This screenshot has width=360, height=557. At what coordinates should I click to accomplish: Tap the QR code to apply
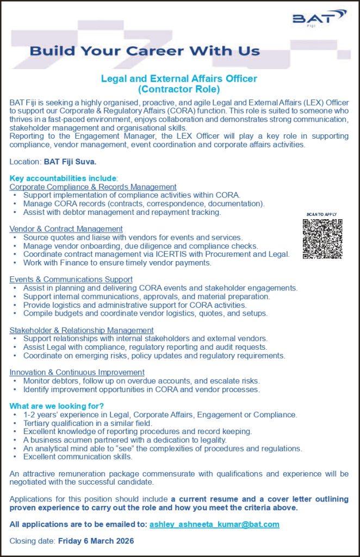coord(322,238)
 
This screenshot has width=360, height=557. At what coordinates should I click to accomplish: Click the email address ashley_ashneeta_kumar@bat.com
coord(214,524)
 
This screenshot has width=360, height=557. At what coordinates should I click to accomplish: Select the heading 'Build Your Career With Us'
coord(145,52)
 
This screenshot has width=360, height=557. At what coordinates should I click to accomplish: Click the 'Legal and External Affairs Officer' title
coord(179,78)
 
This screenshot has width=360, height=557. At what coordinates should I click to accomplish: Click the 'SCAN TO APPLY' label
coord(322,214)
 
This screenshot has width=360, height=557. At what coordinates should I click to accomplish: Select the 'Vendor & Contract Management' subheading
coord(66,229)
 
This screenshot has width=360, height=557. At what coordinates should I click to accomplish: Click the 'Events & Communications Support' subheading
coord(71,280)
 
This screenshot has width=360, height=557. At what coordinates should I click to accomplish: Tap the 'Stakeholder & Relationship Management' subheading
coord(82,330)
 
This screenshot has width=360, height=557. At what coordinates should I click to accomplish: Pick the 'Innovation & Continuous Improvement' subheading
coord(77,372)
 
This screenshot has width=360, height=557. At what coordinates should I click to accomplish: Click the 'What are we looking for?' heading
coord(57,406)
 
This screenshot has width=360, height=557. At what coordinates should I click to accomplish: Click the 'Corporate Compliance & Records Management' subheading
coord(93,187)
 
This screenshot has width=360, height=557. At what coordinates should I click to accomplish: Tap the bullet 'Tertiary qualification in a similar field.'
coord(88,423)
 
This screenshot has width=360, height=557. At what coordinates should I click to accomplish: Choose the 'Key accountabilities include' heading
coord(63,178)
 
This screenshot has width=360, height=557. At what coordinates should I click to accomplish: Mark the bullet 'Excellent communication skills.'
coord(78,456)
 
